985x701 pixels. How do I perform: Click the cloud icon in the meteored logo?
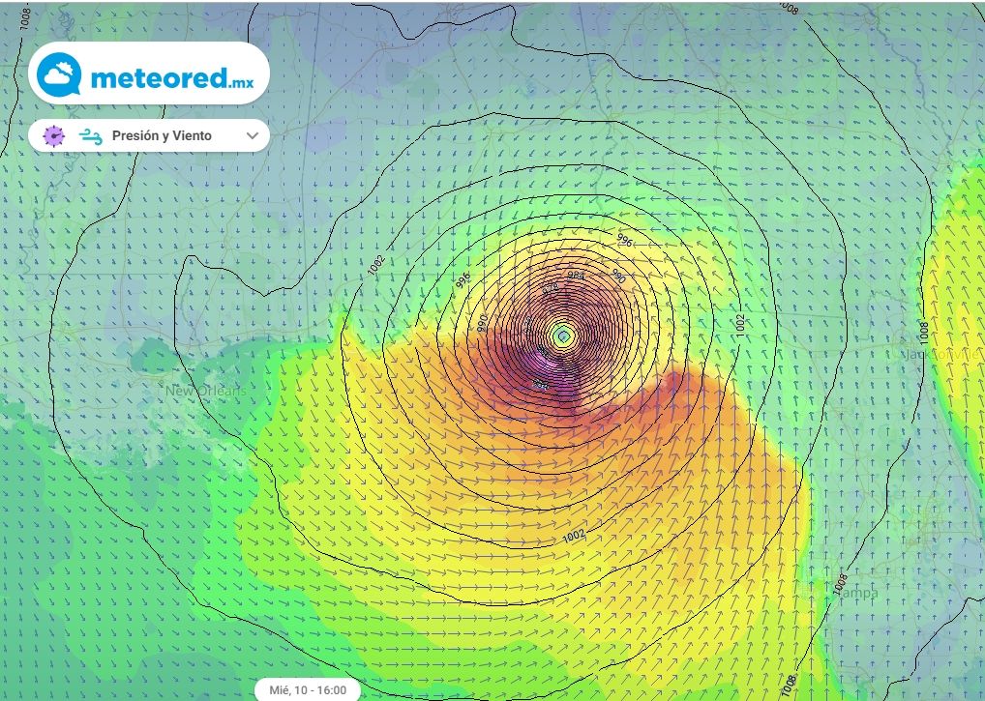pyautogui.click(x=59, y=74)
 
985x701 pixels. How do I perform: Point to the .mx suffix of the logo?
pyautogui.click(x=242, y=84)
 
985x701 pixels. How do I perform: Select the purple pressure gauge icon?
pyautogui.click(x=54, y=136)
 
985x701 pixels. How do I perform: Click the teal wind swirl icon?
pyautogui.click(x=92, y=136)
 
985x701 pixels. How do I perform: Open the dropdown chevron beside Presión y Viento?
pyautogui.click(x=253, y=136)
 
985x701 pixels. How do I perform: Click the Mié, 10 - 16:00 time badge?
pyautogui.click(x=308, y=690)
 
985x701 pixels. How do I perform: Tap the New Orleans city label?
pyautogui.click(x=206, y=391)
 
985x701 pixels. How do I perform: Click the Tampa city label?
pyautogui.click(x=855, y=593)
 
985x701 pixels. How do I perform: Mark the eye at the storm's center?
pyautogui.click(x=563, y=336)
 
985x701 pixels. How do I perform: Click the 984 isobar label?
pyautogui.click(x=576, y=276)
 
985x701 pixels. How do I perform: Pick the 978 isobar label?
pyautogui.click(x=552, y=288)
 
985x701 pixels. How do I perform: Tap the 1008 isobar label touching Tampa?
pyautogui.click(x=839, y=582)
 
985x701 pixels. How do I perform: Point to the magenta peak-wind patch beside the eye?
pyautogui.click(x=547, y=372)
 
